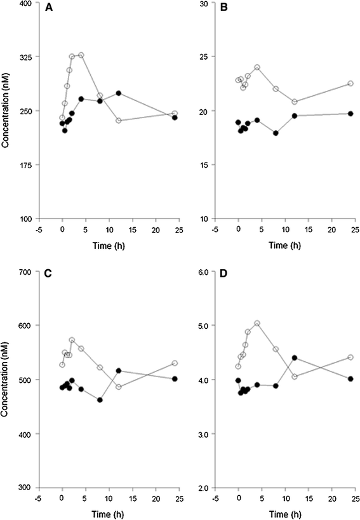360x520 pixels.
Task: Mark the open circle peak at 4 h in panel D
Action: pos(257,323)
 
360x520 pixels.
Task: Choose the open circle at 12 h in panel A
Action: pos(119,121)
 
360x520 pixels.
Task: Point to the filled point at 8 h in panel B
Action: pos(276,133)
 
